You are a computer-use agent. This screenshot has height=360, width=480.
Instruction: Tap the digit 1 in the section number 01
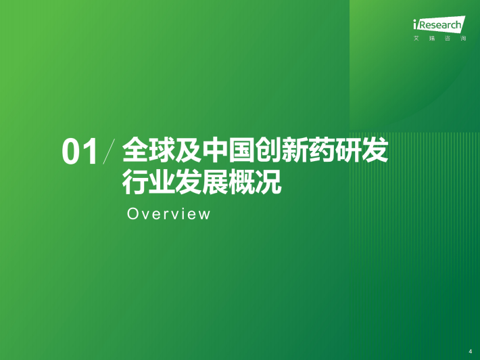91,152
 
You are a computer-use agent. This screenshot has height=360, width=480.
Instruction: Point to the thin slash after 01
110,152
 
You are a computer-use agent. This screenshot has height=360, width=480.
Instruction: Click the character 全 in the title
135,150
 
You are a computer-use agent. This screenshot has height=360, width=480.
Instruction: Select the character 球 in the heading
162,150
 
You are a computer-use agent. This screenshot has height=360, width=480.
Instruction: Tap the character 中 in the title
215,150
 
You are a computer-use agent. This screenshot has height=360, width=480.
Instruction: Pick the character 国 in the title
242,150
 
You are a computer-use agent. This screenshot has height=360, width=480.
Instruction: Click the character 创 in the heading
268,150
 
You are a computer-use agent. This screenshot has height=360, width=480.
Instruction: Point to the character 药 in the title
322,150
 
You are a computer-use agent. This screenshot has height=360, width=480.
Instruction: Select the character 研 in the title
348,150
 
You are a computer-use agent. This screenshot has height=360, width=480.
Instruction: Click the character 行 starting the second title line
135,181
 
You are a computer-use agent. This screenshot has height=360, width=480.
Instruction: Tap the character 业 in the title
162,181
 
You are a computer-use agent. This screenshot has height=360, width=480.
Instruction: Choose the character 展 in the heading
215,181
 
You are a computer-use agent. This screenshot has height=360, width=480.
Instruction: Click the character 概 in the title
242,181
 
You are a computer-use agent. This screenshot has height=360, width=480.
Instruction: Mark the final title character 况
268,181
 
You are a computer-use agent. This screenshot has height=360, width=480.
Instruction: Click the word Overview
168,214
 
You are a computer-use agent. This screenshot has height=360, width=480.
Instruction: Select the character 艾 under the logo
416,39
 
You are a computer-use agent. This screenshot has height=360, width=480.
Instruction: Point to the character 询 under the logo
463,39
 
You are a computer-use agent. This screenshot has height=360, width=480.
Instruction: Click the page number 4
471,351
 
